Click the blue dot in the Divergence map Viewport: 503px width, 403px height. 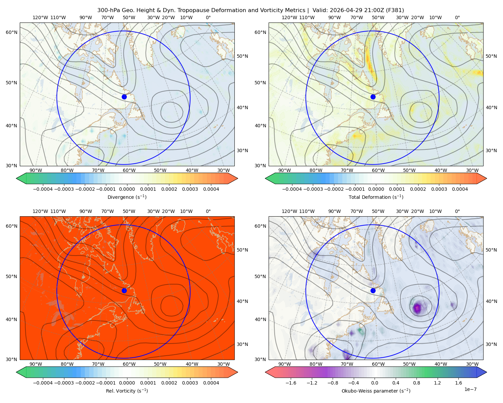124,97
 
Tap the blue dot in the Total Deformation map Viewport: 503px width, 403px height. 373,97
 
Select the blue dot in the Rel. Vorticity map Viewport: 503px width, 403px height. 124,290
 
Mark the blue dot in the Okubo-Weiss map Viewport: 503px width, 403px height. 373,290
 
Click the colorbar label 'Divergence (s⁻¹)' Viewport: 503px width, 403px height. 127,197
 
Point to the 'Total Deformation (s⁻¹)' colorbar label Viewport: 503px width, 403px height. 376,197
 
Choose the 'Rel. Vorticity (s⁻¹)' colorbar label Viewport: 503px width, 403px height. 127,391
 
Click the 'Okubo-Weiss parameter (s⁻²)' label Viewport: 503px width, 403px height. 376,391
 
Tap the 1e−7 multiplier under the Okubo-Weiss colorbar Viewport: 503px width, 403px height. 470,389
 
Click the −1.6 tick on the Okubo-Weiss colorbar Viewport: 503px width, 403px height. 291,383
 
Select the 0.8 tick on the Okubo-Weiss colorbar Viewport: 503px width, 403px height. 416,383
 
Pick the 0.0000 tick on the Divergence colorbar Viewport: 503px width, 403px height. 127,189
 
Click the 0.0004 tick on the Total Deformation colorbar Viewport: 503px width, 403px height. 460,189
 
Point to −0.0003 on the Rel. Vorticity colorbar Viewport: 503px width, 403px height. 64,383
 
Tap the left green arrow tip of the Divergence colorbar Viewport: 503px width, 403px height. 16,178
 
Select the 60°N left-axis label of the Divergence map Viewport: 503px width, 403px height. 11,32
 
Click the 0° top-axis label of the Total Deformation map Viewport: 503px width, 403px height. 457,17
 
